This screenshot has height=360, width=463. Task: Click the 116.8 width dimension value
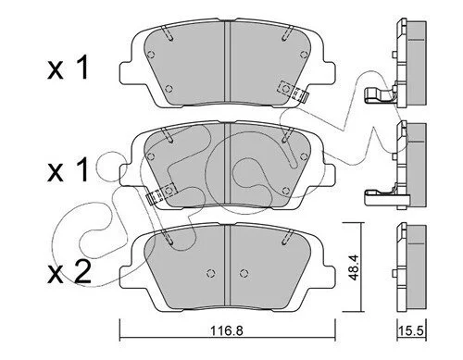pos(227,330)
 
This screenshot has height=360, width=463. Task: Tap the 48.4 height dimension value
pos(354,267)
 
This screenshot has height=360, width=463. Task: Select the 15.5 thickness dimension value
pos(412,331)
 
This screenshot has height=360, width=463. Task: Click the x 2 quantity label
pos(69,272)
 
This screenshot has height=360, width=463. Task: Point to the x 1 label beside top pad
pos(69,68)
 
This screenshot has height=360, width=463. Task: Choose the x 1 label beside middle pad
pos(69,170)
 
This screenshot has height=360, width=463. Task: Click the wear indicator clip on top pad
pos(293,91)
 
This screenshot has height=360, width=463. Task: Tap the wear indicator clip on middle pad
pos(160,193)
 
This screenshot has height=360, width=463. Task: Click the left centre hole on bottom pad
pos(211,273)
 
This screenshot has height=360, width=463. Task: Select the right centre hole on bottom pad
pos(244,273)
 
